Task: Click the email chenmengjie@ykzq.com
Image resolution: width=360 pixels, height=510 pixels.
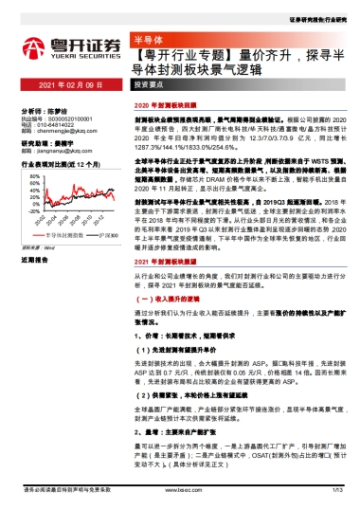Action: [60, 129]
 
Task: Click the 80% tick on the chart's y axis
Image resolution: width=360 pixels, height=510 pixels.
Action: [34, 175]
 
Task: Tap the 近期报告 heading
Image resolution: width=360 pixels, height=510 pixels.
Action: [35, 259]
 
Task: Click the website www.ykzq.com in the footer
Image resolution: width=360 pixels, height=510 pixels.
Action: [179, 493]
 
